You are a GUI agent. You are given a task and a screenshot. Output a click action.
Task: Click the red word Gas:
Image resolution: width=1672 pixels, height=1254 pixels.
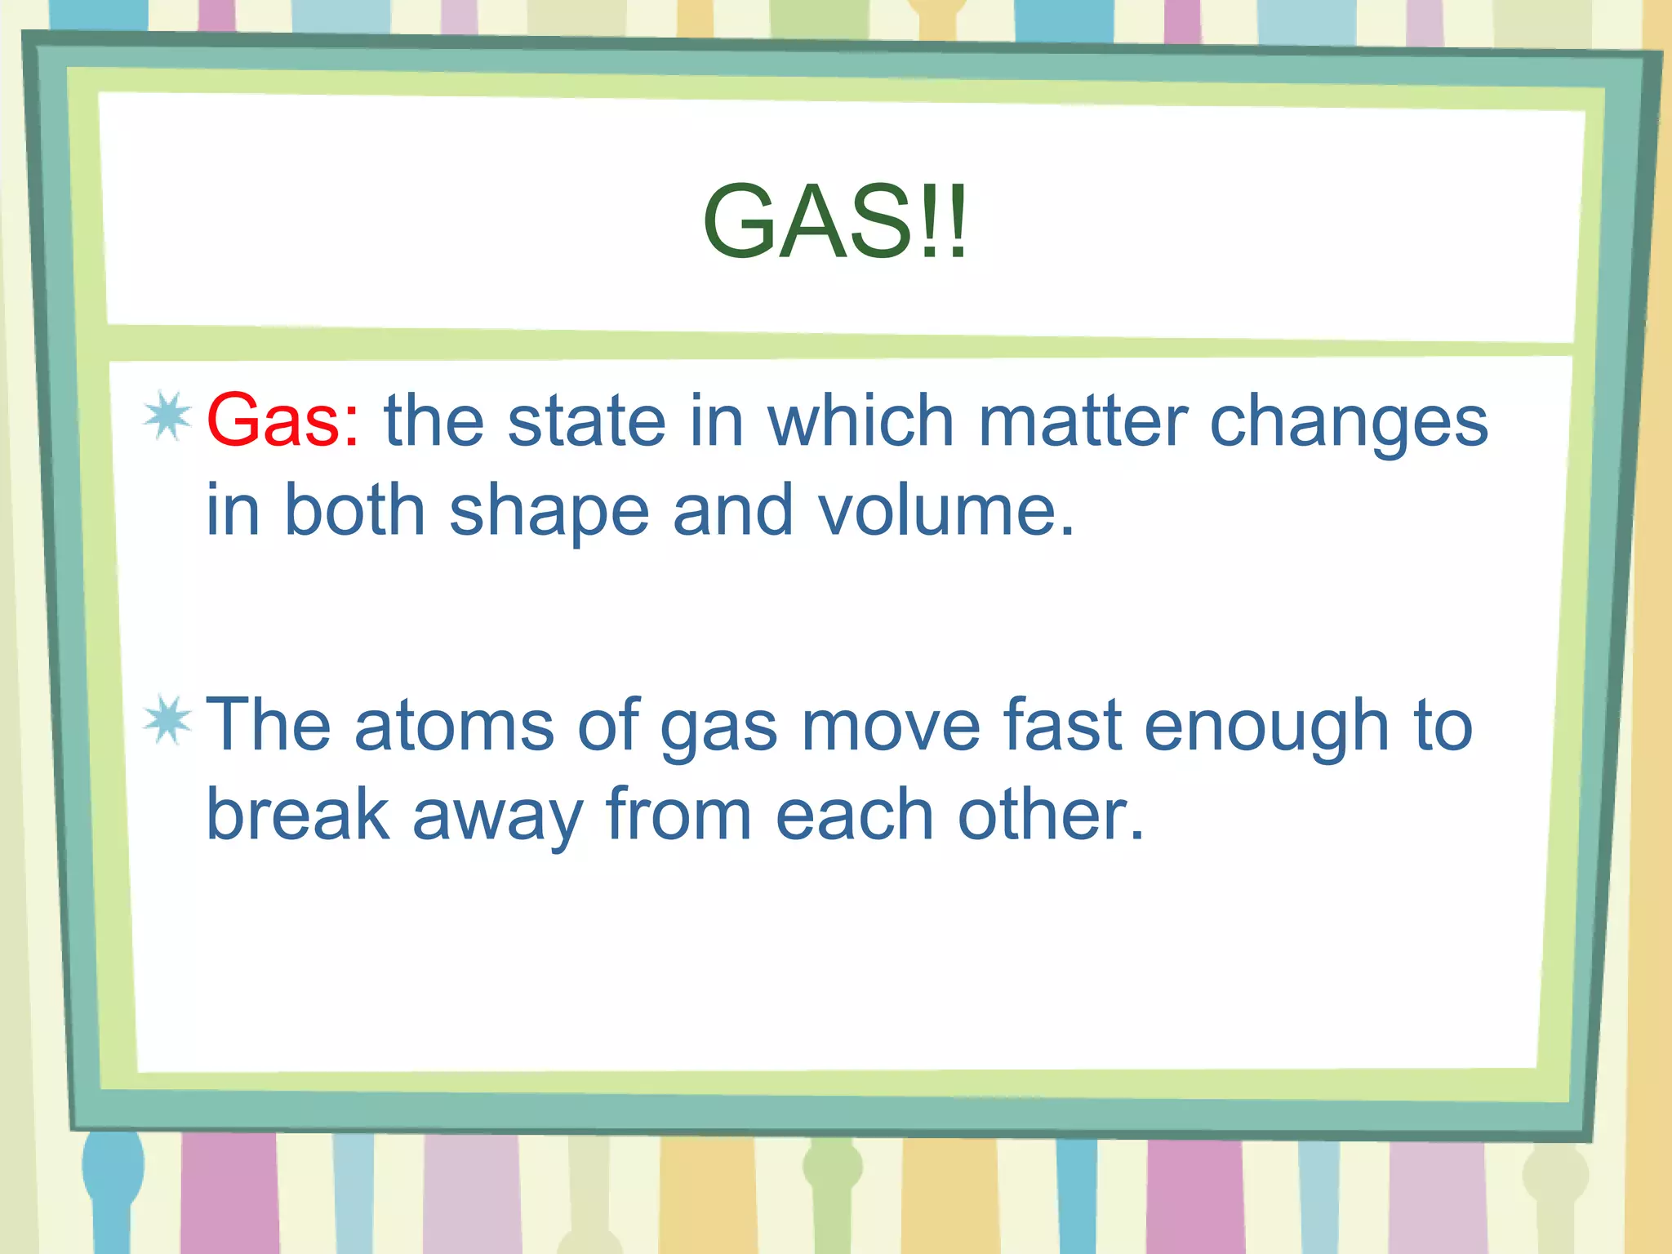282,421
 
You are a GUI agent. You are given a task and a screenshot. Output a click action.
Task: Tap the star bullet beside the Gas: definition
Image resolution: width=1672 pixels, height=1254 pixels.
167,416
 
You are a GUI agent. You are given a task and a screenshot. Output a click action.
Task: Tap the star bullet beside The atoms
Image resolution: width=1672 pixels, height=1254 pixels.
167,720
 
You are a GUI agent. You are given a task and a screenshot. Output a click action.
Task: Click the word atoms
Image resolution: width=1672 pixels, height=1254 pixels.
454,725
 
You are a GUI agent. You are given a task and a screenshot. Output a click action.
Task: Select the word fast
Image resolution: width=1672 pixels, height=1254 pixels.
1061,725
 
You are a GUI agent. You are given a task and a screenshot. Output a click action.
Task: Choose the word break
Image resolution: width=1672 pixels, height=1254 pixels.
298,814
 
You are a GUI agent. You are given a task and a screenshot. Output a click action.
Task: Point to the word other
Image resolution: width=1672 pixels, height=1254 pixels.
1050,814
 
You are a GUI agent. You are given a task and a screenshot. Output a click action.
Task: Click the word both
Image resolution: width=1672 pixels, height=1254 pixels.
355,510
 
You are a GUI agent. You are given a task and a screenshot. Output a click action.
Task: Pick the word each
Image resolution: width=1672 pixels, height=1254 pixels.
854,814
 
